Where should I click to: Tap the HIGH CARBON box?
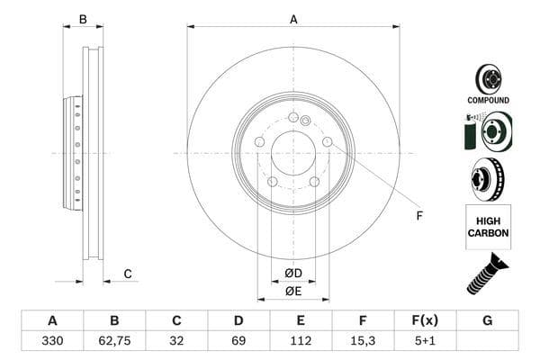click(x=488, y=227)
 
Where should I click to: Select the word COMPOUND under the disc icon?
click(x=488, y=100)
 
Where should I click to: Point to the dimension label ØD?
click(x=293, y=273)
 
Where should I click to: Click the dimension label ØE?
click(x=293, y=291)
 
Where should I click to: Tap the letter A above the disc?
click(x=293, y=19)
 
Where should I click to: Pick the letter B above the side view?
click(x=83, y=19)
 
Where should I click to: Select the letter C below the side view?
click(x=128, y=274)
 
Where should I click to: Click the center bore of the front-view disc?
click(x=293, y=153)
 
